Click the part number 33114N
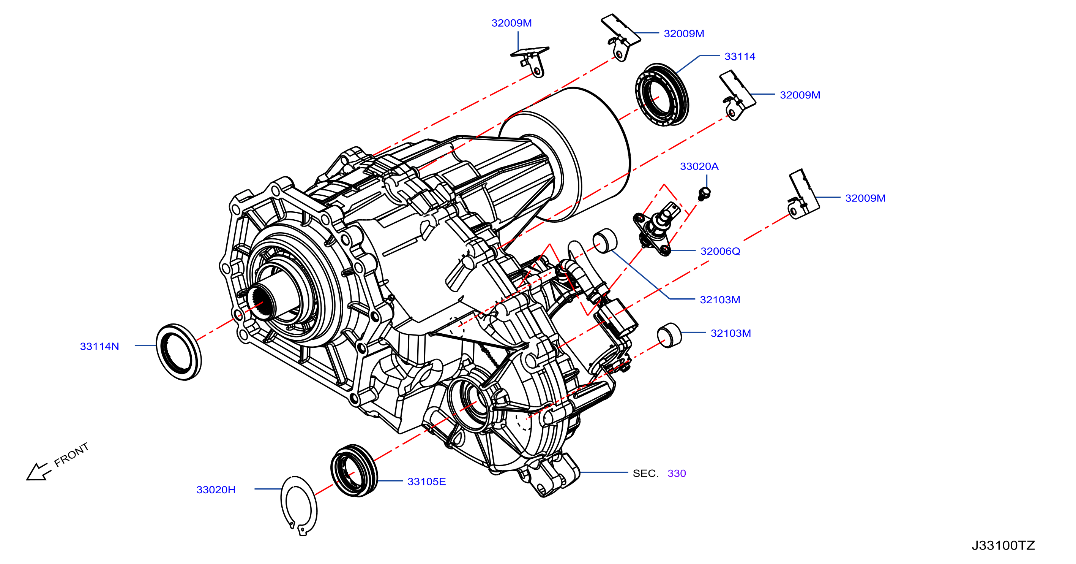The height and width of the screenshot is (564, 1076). click(99, 346)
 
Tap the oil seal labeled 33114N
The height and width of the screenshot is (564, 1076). click(179, 352)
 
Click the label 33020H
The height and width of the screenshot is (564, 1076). click(216, 490)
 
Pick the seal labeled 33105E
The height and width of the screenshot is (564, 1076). click(354, 471)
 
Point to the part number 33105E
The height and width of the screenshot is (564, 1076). click(426, 482)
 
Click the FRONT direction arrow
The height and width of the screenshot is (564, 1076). click(38, 472)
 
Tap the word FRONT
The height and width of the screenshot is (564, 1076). click(71, 455)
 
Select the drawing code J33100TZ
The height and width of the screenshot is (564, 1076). click(1003, 545)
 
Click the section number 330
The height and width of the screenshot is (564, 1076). click(677, 473)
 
